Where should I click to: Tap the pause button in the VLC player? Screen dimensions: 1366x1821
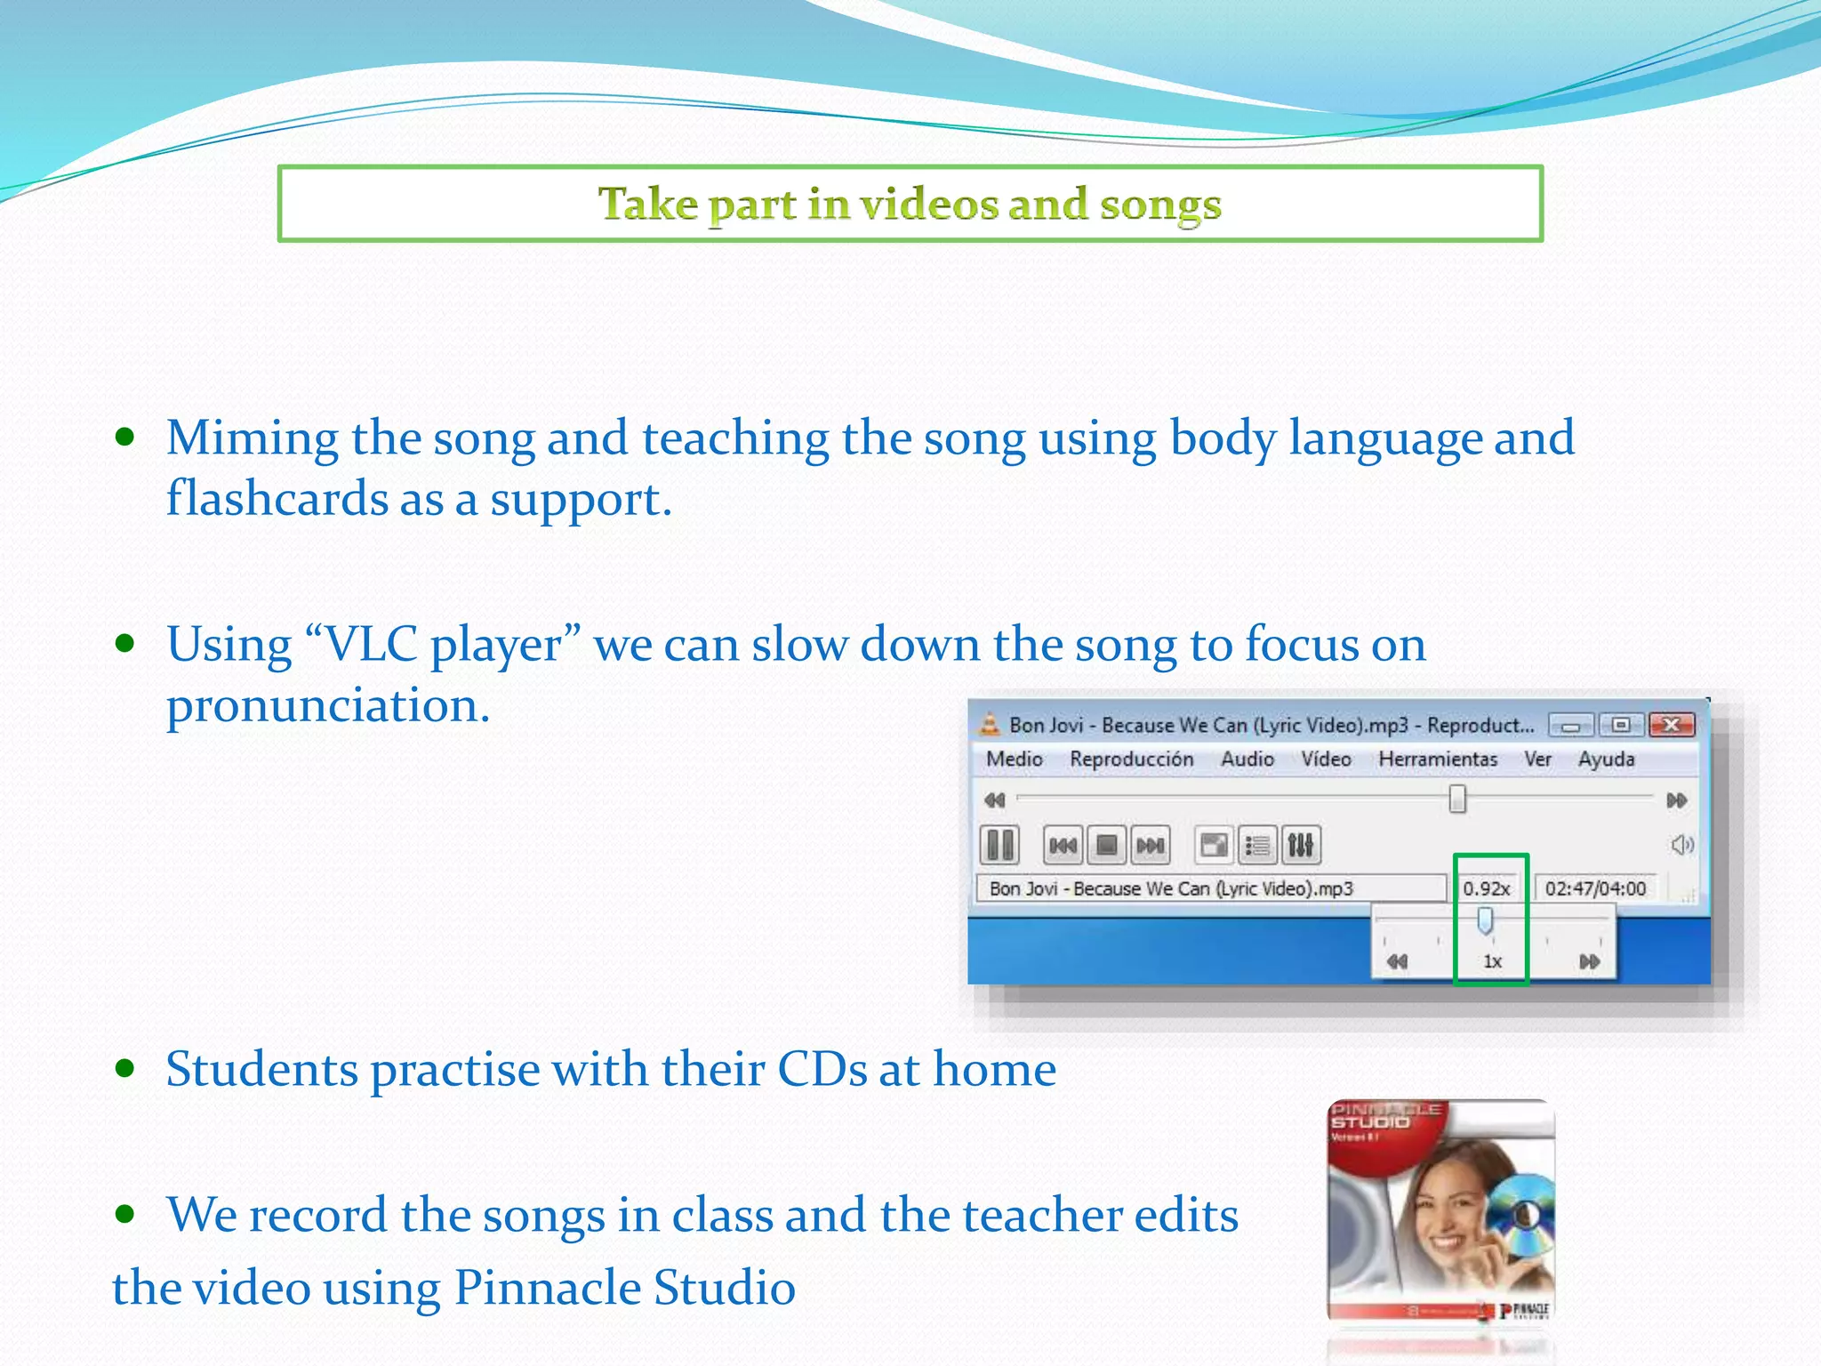coord(999,844)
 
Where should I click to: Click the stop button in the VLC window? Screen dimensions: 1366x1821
coord(1107,844)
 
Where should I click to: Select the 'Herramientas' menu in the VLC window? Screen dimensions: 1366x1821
coord(1437,759)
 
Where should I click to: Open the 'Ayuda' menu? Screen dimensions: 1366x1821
coord(1606,759)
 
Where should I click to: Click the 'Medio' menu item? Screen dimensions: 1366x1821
coord(1014,759)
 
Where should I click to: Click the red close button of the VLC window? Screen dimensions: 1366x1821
coord(1671,725)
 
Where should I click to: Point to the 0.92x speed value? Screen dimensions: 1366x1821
coord(1486,888)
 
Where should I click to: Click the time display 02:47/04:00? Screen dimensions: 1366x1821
coord(1595,888)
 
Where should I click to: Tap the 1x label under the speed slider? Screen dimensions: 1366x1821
coord(1492,961)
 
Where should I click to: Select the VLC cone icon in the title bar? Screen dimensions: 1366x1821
coord(989,724)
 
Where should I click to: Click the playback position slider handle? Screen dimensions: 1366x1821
coord(1457,799)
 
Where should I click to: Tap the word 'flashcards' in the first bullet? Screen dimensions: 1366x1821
coord(277,499)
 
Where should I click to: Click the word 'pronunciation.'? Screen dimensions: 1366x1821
coord(328,705)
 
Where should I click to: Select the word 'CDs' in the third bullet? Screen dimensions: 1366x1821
coord(822,1068)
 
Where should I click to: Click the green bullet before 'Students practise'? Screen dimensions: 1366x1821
coord(124,1067)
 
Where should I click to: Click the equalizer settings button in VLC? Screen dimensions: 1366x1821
coord(1301,844)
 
